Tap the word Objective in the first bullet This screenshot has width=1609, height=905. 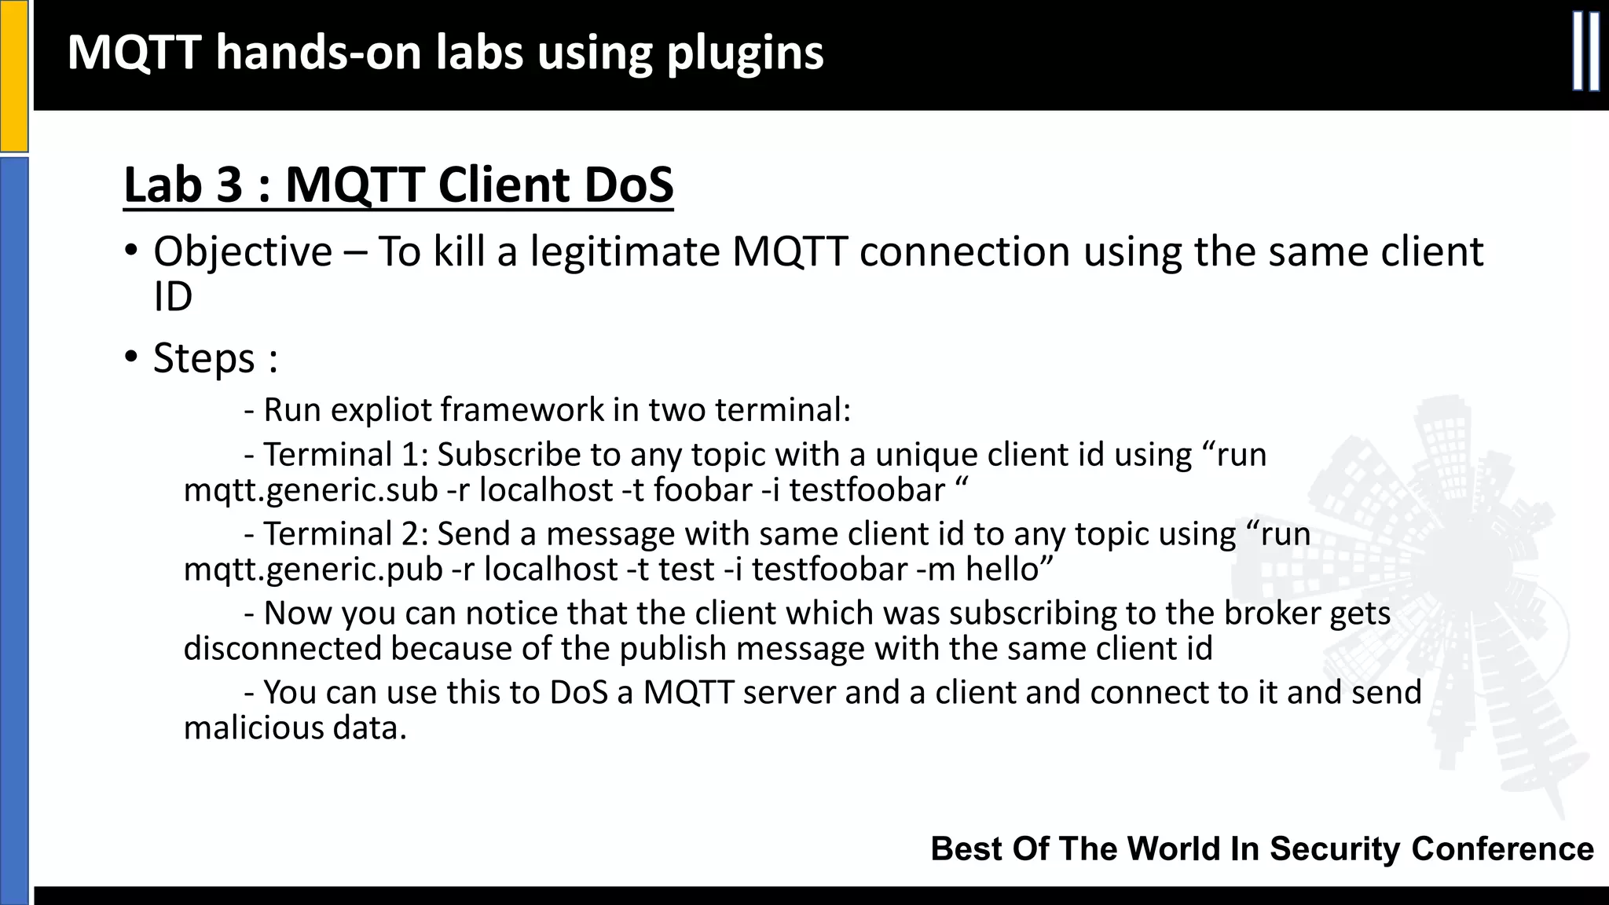(243, 252)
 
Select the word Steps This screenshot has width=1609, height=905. (204, 358)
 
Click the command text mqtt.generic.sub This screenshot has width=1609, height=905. (310, 490)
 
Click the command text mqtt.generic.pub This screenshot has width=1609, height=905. (313, 570)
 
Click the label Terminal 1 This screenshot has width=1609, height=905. (339, 456)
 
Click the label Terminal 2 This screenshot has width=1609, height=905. (341, 534)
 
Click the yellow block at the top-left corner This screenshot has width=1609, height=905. (13, 75)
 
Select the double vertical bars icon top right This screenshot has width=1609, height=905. (1585, 53)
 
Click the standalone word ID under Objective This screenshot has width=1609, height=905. (173, 298)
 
